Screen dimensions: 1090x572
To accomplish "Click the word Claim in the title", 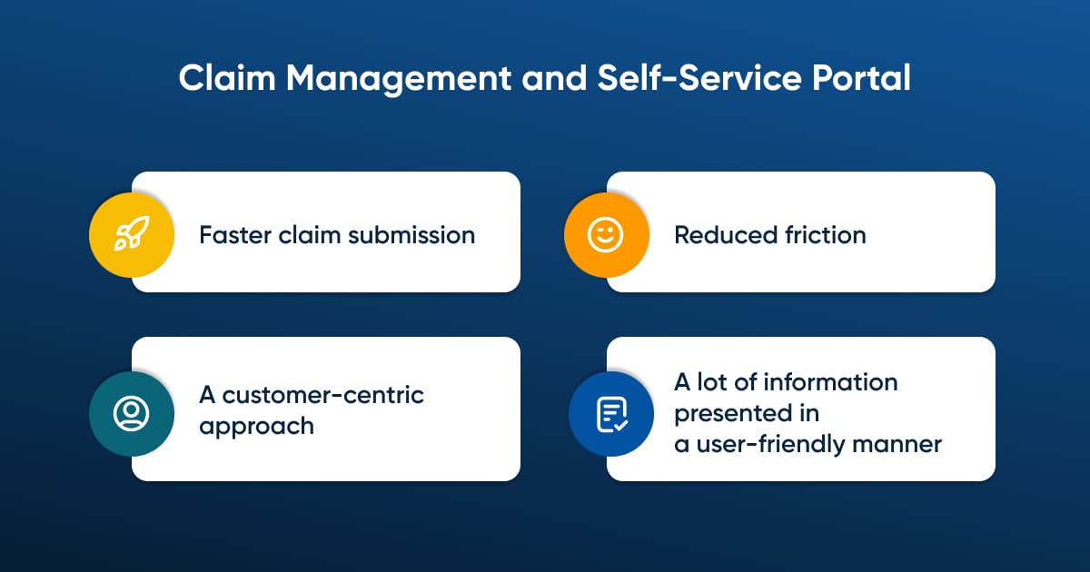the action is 227,78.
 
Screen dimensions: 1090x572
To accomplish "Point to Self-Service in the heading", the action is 699,78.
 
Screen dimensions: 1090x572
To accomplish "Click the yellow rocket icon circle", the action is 132,235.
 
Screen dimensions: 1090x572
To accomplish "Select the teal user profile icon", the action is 132,414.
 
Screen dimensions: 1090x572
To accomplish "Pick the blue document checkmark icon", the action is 611,414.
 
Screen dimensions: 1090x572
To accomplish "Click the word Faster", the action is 235,235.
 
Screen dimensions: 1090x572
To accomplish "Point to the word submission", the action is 411,235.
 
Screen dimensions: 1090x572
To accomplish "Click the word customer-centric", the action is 323,395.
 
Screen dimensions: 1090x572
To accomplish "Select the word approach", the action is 256,427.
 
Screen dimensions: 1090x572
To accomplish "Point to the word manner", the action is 897,445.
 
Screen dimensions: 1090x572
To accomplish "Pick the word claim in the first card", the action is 310,235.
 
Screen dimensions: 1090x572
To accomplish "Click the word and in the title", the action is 554,78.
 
